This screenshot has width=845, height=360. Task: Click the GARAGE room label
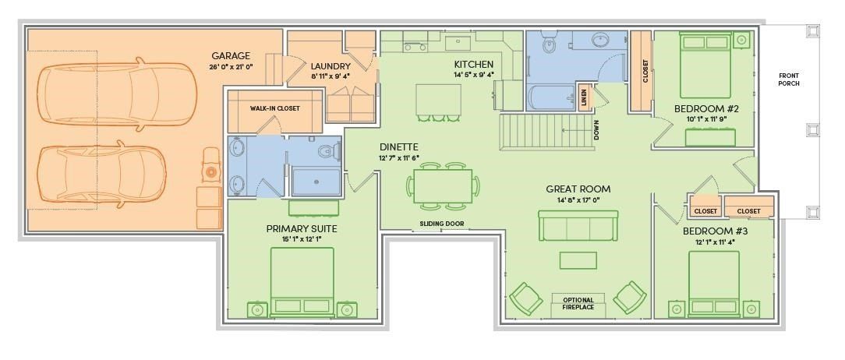[x=231, y=56]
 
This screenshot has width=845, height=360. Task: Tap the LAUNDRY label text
[x=330, y=66]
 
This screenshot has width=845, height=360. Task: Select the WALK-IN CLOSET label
[x=274, y=109]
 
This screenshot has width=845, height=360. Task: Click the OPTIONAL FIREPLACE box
[x=578, y=304]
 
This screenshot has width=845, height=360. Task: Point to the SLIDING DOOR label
[x=442, y=224]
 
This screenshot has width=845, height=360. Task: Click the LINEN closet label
[x=584, y=97]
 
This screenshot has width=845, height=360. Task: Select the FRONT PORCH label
[x=789, y=79]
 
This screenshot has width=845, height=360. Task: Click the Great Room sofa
[x=578, y=225]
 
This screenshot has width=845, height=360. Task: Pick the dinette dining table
[x=442, y=187]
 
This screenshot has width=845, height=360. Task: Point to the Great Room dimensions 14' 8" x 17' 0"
[x=578, y=201]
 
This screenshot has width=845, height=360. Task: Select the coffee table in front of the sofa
[x=578, y=259]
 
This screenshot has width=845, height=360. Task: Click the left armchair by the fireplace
[x=526, y=298]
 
